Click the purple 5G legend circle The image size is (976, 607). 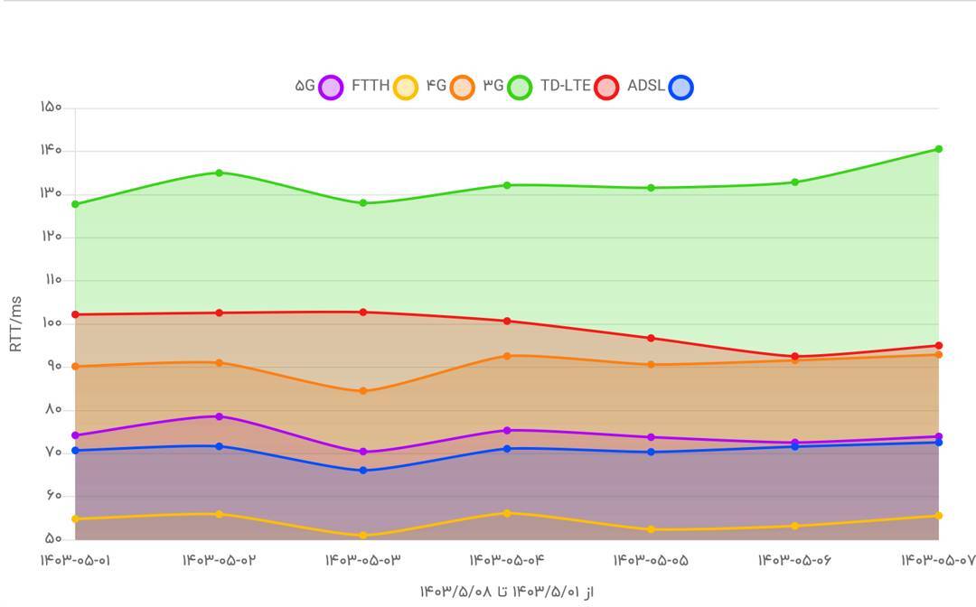point(332,87)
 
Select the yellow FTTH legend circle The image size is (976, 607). point(406,87)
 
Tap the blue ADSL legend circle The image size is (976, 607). point(680,87)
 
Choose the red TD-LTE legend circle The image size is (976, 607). point(606,87)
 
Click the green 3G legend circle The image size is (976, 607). point(520,87)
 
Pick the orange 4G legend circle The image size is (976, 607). point(462,87)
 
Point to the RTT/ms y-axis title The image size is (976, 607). point(15,323)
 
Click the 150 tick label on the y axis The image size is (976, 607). point(51,107)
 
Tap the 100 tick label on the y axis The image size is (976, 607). point(51,323)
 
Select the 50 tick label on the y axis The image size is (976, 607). point(52,539)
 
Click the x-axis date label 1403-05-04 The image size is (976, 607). point(507,561)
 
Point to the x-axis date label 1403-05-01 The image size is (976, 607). point(75,561)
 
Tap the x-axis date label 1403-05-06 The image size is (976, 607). point(794,561)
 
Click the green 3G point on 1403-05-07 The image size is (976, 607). point(938,149)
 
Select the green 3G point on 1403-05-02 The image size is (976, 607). point(219,173)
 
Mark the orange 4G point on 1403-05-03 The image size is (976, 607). point(363,391)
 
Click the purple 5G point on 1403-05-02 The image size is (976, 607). point(219,416)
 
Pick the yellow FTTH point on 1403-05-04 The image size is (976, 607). point(507,513)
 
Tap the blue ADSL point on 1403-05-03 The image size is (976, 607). point(363,471)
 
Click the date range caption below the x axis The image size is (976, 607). point(507,592)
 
